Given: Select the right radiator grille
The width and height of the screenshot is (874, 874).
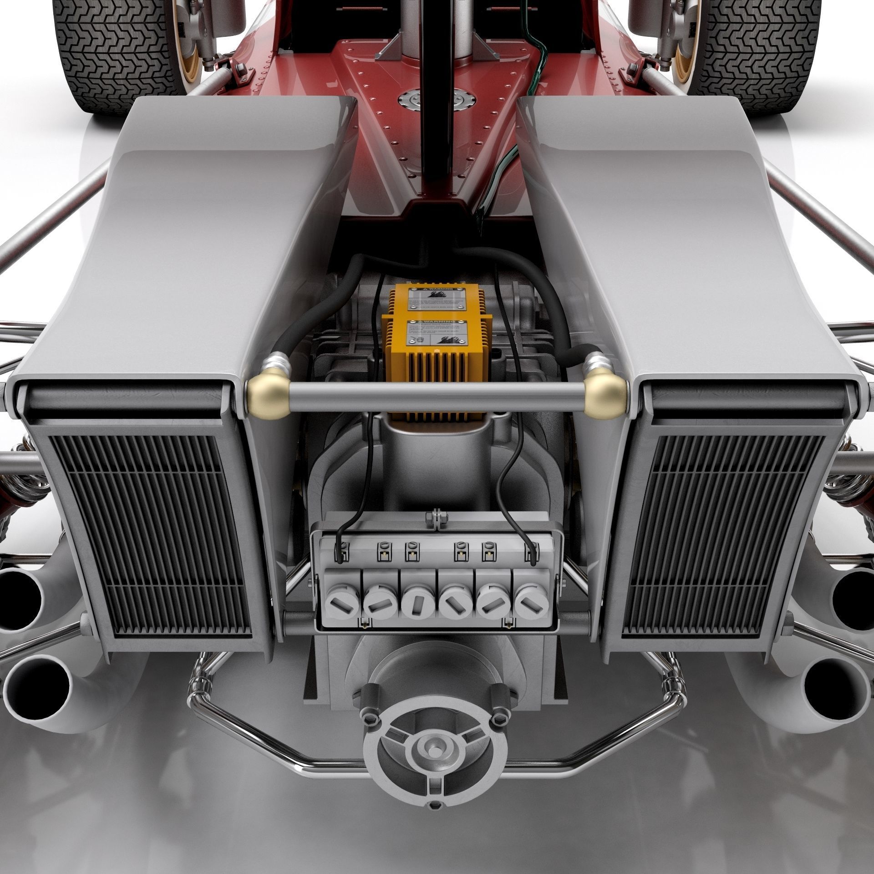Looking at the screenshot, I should (x=724, y=533).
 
